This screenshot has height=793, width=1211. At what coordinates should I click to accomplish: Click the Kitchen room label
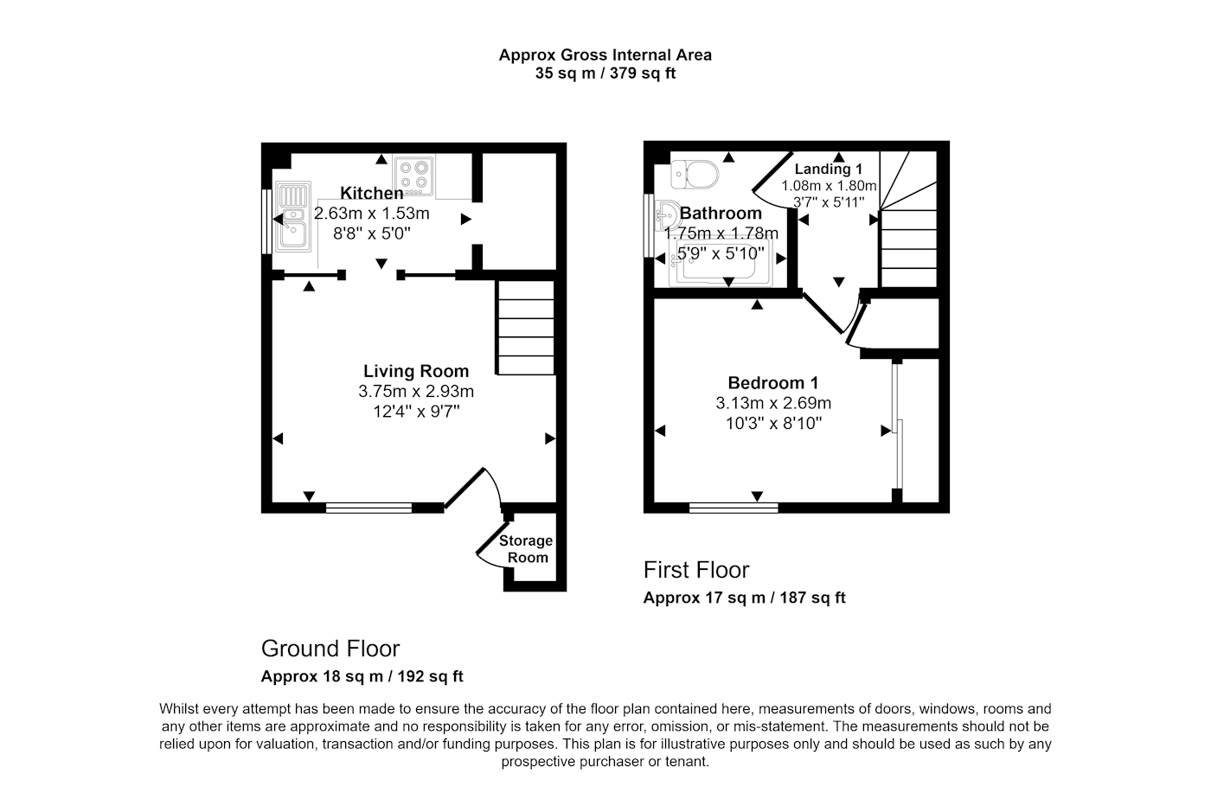371,193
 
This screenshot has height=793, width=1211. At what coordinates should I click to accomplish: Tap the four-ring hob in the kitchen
414,176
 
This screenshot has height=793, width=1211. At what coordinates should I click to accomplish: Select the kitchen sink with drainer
293,216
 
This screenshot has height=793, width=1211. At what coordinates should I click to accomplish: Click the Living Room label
416,371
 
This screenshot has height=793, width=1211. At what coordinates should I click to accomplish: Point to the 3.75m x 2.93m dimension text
416,391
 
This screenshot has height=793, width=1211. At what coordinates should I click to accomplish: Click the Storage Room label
526,548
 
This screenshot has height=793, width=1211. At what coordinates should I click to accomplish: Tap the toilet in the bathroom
695,174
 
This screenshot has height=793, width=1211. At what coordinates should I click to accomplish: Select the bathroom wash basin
668,215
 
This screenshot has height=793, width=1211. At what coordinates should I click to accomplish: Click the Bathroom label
721,213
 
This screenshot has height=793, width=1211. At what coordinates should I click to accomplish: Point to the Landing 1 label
829,169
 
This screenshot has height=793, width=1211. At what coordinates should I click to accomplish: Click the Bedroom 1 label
773,383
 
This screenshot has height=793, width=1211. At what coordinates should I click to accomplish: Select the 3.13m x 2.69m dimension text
773,403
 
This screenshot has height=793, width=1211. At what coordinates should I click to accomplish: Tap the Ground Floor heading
330,648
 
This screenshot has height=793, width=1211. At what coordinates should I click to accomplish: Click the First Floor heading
696,570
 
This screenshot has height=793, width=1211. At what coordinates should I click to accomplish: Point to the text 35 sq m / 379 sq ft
605,73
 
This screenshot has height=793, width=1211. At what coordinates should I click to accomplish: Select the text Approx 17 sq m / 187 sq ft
745,598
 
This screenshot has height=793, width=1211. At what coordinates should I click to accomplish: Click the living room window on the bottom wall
368,508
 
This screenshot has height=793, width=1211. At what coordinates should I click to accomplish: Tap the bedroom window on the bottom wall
734,508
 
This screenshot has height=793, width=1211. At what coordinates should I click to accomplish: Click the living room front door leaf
464,488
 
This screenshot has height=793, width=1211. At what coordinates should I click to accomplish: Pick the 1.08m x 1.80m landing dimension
829,186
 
